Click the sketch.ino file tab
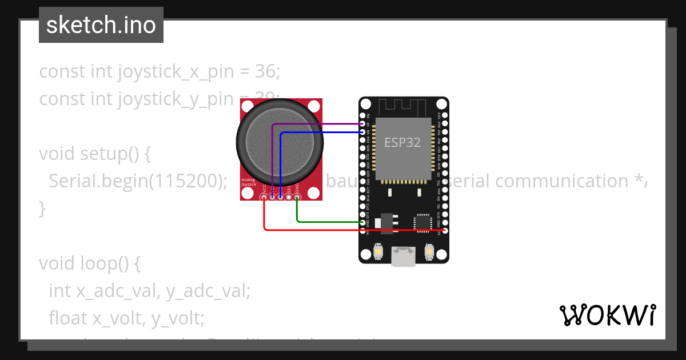(101, 25)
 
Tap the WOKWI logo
(607, 315)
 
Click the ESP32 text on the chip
(402, 142)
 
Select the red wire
(354, 230)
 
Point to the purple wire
(320, 123)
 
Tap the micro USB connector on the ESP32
(404, 257)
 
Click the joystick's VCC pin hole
(264, 197)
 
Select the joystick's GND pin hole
(297, 197)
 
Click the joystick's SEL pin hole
(289, 197)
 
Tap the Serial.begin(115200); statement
(135, 181)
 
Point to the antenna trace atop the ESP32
(403, 106)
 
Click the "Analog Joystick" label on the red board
(249, 182)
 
